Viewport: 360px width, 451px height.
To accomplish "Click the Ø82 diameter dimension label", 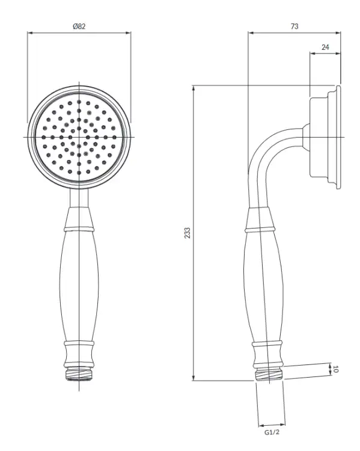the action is point(79,26).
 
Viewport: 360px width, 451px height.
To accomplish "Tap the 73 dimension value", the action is point(294,26).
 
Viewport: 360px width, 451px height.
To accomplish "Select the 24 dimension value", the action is point(325,47).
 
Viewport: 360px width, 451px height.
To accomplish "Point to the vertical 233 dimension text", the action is point(187,233).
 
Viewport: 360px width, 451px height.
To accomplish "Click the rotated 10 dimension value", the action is point(335,369).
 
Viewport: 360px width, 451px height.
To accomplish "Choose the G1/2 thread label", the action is point(272,432).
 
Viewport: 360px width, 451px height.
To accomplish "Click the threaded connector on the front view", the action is point(79,373).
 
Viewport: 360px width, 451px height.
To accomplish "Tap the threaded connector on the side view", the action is point(269,374).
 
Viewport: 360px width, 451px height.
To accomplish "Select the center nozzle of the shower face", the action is point(79,137).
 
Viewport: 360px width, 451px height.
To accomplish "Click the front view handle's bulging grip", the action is point(79,286).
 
